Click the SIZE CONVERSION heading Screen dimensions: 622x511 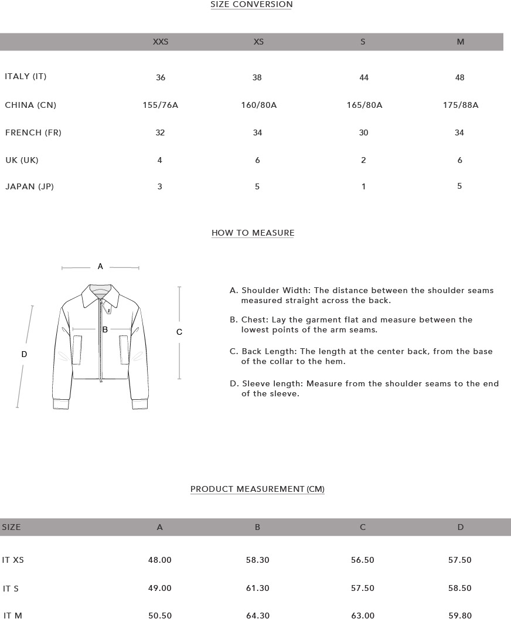tap(251, 5)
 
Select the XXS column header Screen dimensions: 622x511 tap(161, 42)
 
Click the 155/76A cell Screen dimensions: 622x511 tap(161, 106)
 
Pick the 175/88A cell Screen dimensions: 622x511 tap(461, 106)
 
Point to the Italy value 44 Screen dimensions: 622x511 tap(363, 78)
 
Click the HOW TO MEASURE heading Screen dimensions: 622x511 tap(253, 233)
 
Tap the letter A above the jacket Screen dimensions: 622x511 tap(100, 267)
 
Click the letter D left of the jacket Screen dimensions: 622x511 tap(24, 355)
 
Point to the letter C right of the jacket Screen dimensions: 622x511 tap(179, 332)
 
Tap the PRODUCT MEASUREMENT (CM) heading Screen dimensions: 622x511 tap(257, 490)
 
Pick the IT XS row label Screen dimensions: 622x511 tap(13, 560)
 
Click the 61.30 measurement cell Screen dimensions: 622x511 tap(258, 589)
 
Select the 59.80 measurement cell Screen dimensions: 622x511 tap(460, 616)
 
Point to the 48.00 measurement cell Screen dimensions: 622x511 tap(160, 560)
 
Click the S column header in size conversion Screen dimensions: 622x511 tap(363, 42)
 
